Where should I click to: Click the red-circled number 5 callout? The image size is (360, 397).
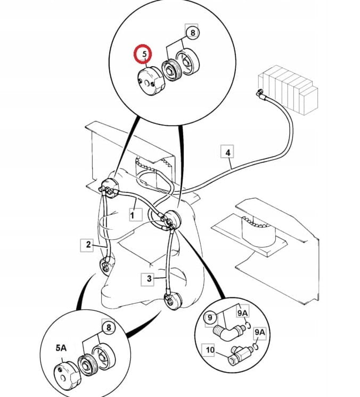pyautogui.click(x=144, y=54)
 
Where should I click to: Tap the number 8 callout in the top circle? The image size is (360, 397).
pyautogui.click(x=193, y=33)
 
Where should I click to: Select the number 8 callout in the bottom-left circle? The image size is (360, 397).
pyautogui.click(x=109, y=328)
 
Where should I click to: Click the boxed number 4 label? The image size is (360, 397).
pyautogui.click(x=227, y=152)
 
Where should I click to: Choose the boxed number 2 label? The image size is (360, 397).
pyautogui.click(x=88, y=245)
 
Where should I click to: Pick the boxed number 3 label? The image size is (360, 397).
pyautogui.click(x=149, y=279)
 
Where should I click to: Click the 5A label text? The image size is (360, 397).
pyautogui.click(x=61, y=348)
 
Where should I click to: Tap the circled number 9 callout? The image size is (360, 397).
pyautogui.click(x=210, y=317)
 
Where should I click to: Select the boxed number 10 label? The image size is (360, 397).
pyautogui.click(x=210, y=350)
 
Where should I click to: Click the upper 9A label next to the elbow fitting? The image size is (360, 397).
pyautogui.click(x=243, y=313)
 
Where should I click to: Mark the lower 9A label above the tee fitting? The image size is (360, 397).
pyautogui.click(x=260, y=332)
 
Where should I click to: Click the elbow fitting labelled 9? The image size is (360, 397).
pyautogui.click(x=229, y=332)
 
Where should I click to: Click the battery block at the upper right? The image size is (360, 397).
pyautogui.click(x=288, y=90)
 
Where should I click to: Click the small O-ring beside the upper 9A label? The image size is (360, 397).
pyautogui.click(x=248, y=326)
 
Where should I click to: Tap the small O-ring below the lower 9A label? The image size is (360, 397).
pyautogui.click(x=256, y=346)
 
